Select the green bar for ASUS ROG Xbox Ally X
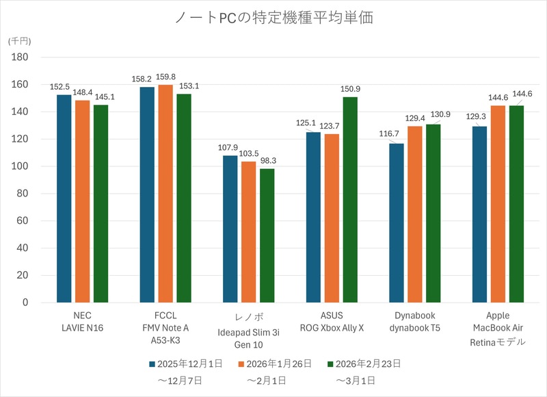pos(350,200)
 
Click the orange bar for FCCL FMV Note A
pos(165,194)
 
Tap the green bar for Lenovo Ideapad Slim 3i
pos(267,235)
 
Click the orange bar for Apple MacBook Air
pos(498,204)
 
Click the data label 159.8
pos(166,77)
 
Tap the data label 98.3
pos(267,160)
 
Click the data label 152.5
pos(60,87)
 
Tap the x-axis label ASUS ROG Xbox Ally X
pos(332,322)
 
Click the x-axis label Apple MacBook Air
pos(498,328)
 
